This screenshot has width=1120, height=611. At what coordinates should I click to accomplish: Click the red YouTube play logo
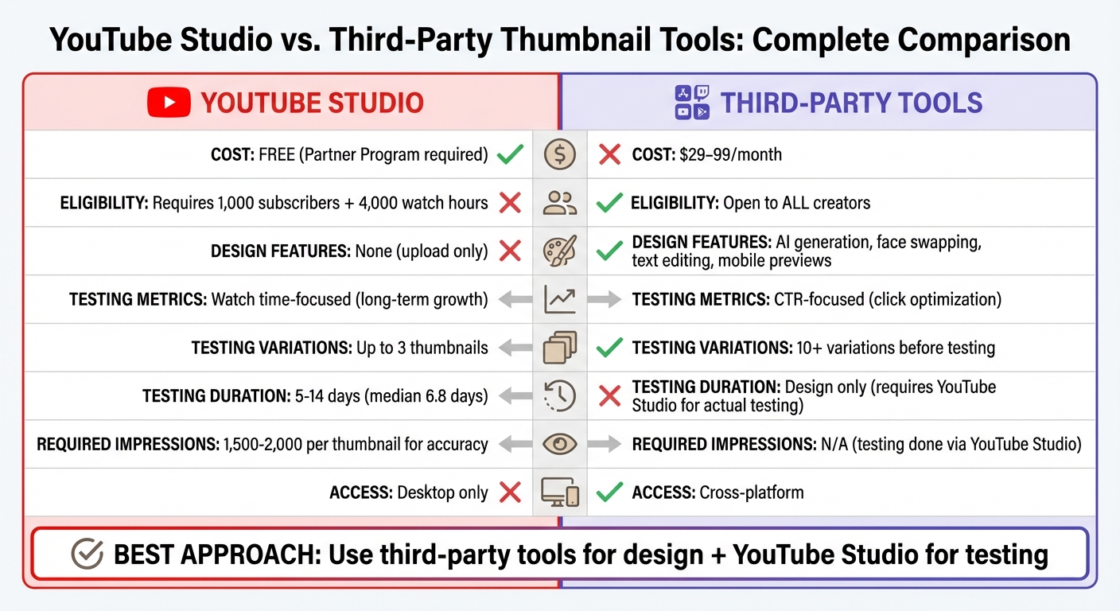(x=169, y=103)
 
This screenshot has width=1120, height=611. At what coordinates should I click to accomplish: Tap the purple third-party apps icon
(x=691, y=103)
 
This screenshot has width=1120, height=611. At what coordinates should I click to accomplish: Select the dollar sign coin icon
(x=560, y=154)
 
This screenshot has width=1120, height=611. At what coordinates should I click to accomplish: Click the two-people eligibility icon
(x=560, y=203)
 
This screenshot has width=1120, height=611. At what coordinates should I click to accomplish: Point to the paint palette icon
(x=560, y=251)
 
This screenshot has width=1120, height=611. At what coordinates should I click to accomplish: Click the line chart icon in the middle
(x=560, y=300)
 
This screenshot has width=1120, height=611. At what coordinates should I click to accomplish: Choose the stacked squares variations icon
(x=560, y=348)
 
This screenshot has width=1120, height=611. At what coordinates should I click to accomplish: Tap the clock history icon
(x=560, y=396)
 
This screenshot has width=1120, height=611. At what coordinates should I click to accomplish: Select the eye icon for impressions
(x=560, y=445)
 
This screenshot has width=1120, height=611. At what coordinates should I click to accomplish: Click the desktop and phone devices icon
(x=560, y=492)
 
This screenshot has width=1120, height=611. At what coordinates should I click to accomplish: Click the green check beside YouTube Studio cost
(x=509, y=154)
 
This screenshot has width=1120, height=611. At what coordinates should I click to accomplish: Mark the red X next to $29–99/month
(x=609, y=154)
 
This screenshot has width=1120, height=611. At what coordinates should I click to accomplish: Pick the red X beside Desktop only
(x=509, y=492)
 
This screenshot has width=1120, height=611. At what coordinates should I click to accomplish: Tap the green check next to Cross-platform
(x=609, y=492)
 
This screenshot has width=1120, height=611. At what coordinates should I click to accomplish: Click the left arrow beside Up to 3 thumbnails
(x=515, y=348)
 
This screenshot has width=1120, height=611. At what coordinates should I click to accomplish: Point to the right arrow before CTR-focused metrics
(x=605, y=300)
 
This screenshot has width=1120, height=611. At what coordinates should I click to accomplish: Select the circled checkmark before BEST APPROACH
(x=87, y=555)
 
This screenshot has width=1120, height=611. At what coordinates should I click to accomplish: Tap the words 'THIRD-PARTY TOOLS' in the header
(x=851, y=103)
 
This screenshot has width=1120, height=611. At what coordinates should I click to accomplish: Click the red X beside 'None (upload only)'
(x=509, y=251)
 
